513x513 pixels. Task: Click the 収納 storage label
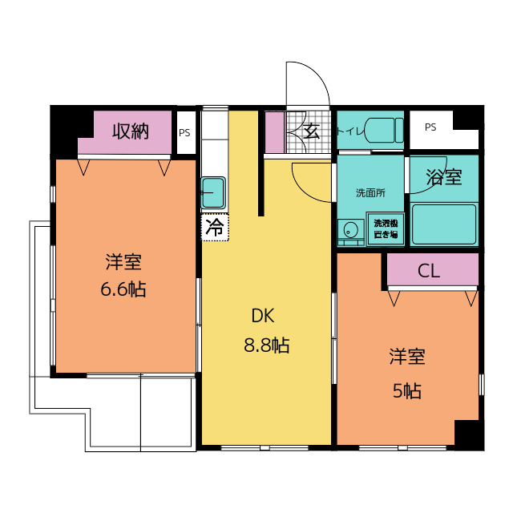tap(131, 131)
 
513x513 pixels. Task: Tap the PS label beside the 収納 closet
tap(184, 133)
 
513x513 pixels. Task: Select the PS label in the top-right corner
tap(430, 127)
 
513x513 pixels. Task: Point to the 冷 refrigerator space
tap(215, 228)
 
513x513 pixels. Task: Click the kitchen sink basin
tap(213, 193)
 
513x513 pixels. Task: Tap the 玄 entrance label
tap(312, 131)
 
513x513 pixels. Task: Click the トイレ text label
tap(350, 131)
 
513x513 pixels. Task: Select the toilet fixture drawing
tap(383, 130)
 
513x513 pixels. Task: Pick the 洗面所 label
tap(370, 193)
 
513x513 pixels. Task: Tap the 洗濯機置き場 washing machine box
tap(386, 229)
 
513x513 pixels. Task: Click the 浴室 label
tap(444, 177)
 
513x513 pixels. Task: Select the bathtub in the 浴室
tap(444, 224)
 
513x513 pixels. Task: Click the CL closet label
tap(429, 271)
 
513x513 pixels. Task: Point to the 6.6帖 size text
tap(123, 289)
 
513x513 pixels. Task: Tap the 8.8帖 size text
tap(267, 345)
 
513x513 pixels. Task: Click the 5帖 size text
tap(407, 390)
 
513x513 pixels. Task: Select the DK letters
tap(263, 316)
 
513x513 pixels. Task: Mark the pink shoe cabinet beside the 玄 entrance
tap(274, 132)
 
